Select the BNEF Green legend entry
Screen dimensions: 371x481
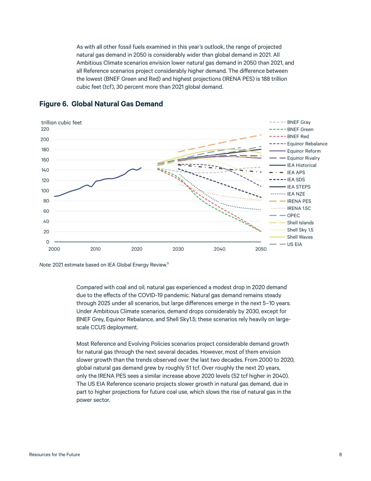291,130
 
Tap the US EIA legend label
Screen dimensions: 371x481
294,244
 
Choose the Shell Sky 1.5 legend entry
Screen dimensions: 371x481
291,230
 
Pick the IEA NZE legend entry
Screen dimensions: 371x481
287,194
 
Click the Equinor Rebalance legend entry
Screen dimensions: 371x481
298,144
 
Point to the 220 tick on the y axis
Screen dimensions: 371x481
45,129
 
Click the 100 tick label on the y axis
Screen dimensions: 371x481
45,191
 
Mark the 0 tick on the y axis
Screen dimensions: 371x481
48,242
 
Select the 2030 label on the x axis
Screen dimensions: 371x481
178,249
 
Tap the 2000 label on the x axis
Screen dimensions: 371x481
54,249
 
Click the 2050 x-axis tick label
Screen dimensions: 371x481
261,249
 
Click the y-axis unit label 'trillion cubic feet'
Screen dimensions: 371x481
62,122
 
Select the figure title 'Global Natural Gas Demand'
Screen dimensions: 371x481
117,104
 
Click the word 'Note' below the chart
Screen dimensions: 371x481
45,265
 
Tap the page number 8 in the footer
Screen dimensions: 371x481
340,455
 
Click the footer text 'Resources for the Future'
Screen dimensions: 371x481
54,455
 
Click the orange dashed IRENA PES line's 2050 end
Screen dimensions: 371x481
261,135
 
